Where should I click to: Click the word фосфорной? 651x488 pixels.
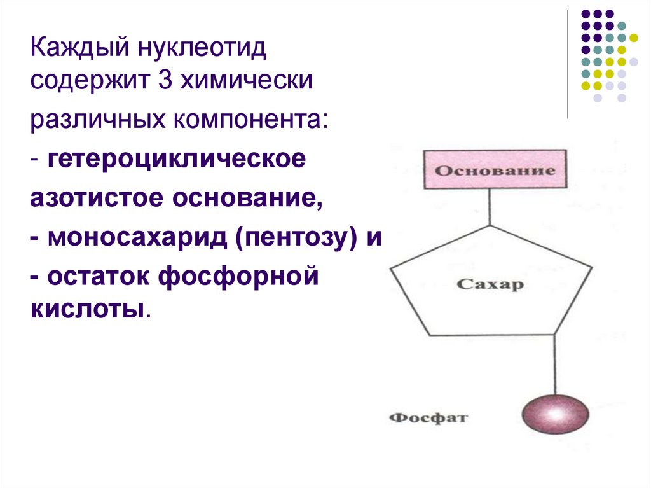[x=242, y=278]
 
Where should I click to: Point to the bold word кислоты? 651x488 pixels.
[x=88, y=310]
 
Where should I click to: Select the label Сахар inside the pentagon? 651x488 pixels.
[x=490, y=284]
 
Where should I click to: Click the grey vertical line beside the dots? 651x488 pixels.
[x=567, y=64]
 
